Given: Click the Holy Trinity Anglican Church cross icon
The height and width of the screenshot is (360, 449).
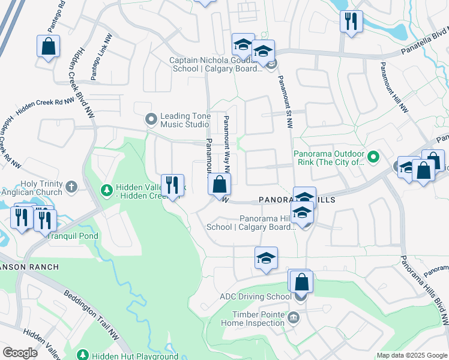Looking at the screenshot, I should click(x=71, y=186).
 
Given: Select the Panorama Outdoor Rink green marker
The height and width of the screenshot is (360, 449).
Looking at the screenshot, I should click(x=373, y=158).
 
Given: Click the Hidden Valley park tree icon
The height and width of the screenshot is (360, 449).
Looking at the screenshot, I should click(x=107, y=190).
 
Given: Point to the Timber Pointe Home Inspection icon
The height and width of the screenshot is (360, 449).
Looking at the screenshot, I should click(x=294, y=317).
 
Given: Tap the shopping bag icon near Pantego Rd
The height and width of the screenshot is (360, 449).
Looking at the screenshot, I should click(x=48, y=46).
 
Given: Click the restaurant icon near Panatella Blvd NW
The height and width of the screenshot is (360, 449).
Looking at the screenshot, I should click(x=351, y=21).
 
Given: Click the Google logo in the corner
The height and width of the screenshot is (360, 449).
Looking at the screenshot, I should click(x=20, y=352).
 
